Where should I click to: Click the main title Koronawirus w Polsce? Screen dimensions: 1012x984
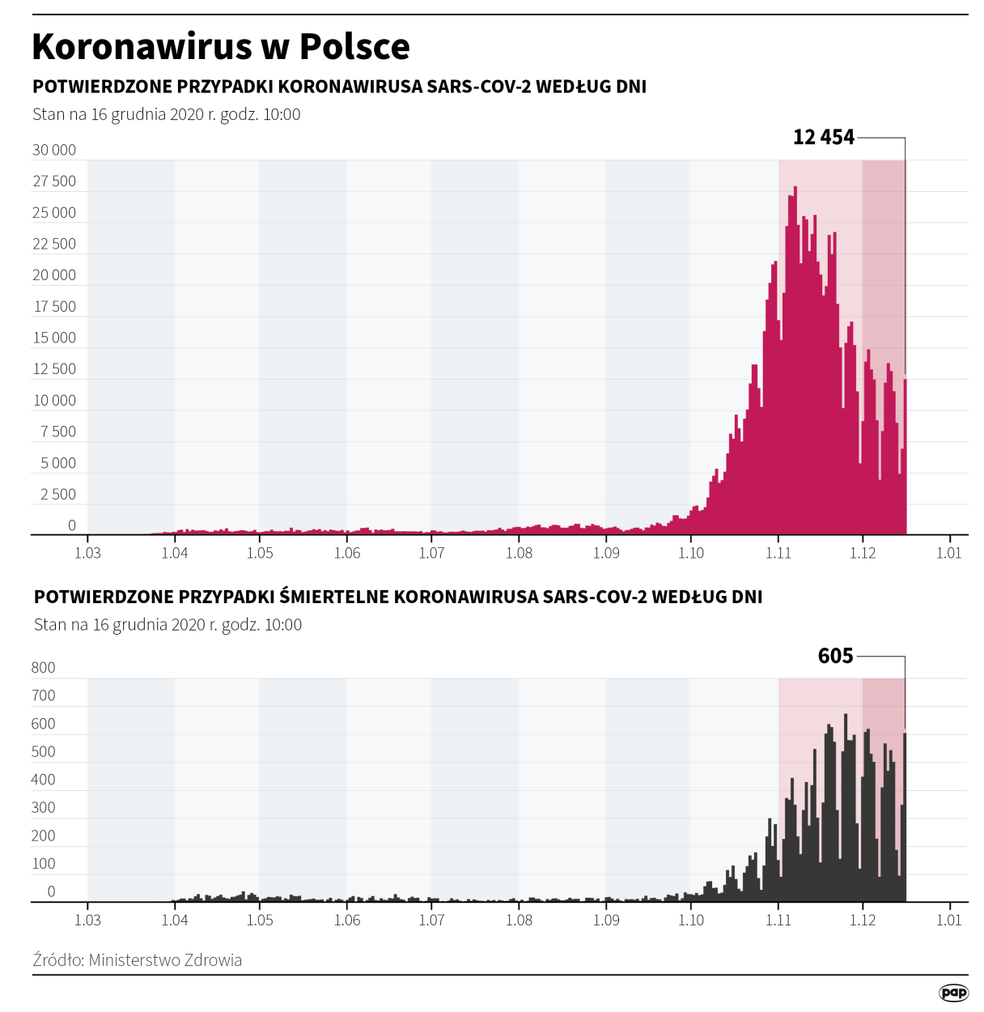pos(220,47)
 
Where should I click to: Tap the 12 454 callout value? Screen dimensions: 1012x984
pos(823,137)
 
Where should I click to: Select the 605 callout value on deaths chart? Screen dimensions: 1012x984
pos(835,656)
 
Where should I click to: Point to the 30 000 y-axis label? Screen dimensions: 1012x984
pos(54,150)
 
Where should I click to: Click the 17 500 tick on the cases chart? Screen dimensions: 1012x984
pos(54,307)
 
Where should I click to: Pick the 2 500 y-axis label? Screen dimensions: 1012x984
pos(57,495)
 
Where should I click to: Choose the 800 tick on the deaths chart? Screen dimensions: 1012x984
pos(43,668)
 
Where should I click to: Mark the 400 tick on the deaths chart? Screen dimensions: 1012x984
pos(43,780)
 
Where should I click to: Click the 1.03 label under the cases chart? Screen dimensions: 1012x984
pos(87,553)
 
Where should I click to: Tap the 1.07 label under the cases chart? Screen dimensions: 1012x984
pos(431,553)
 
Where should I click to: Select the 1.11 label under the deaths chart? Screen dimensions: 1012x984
pos(778,920)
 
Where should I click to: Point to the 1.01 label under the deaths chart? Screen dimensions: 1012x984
pos(948,920)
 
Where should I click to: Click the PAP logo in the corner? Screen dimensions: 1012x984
pos(953,993)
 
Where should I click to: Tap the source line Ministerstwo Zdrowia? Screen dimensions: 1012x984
pos(138,960)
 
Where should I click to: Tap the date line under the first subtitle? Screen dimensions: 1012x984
pos(166,114)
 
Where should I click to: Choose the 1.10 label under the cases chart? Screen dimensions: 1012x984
pos(690,553)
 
